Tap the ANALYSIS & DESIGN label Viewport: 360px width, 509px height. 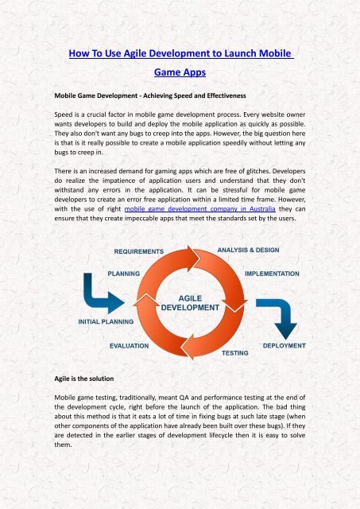pyautogui.click(x=253, y=251)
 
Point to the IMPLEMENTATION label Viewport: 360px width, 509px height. pyautogui.click(x=272, y=273)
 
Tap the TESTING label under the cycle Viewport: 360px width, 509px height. pyautogui.click(x=233, y=351)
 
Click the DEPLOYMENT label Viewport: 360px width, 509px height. pyautogui.click(x=281, y=346)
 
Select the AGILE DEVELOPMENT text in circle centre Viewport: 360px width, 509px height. pyautogui.click(x=191, y=300)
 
